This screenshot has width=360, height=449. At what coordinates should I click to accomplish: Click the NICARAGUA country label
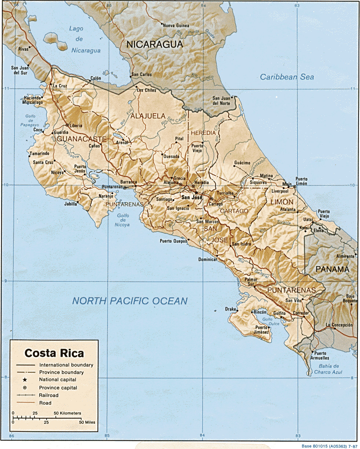coord(154,45)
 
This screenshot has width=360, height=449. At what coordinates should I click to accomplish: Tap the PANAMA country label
coord(333,270)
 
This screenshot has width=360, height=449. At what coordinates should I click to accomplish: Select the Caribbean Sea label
coord(287,77)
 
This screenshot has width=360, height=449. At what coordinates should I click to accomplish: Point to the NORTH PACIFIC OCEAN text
coord(130,301)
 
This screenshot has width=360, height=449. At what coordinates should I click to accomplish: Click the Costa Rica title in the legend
coord(54,353)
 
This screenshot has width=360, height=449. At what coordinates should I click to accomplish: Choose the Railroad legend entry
coord(48,395)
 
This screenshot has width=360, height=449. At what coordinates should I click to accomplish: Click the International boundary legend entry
coord(66,365)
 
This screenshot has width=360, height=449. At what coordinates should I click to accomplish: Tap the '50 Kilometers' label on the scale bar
coord(67,413)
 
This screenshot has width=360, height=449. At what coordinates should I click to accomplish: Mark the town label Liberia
coord(76,126)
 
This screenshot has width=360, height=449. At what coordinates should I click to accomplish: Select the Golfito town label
coord(279,313)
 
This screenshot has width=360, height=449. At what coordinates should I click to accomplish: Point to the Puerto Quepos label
coord(172,241)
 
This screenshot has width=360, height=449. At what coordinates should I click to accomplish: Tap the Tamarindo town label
coord(39,153)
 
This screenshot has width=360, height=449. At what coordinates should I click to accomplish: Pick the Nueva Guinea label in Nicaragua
coord(176,26)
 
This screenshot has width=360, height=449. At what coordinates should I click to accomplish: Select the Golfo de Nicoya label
coord(123,220)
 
